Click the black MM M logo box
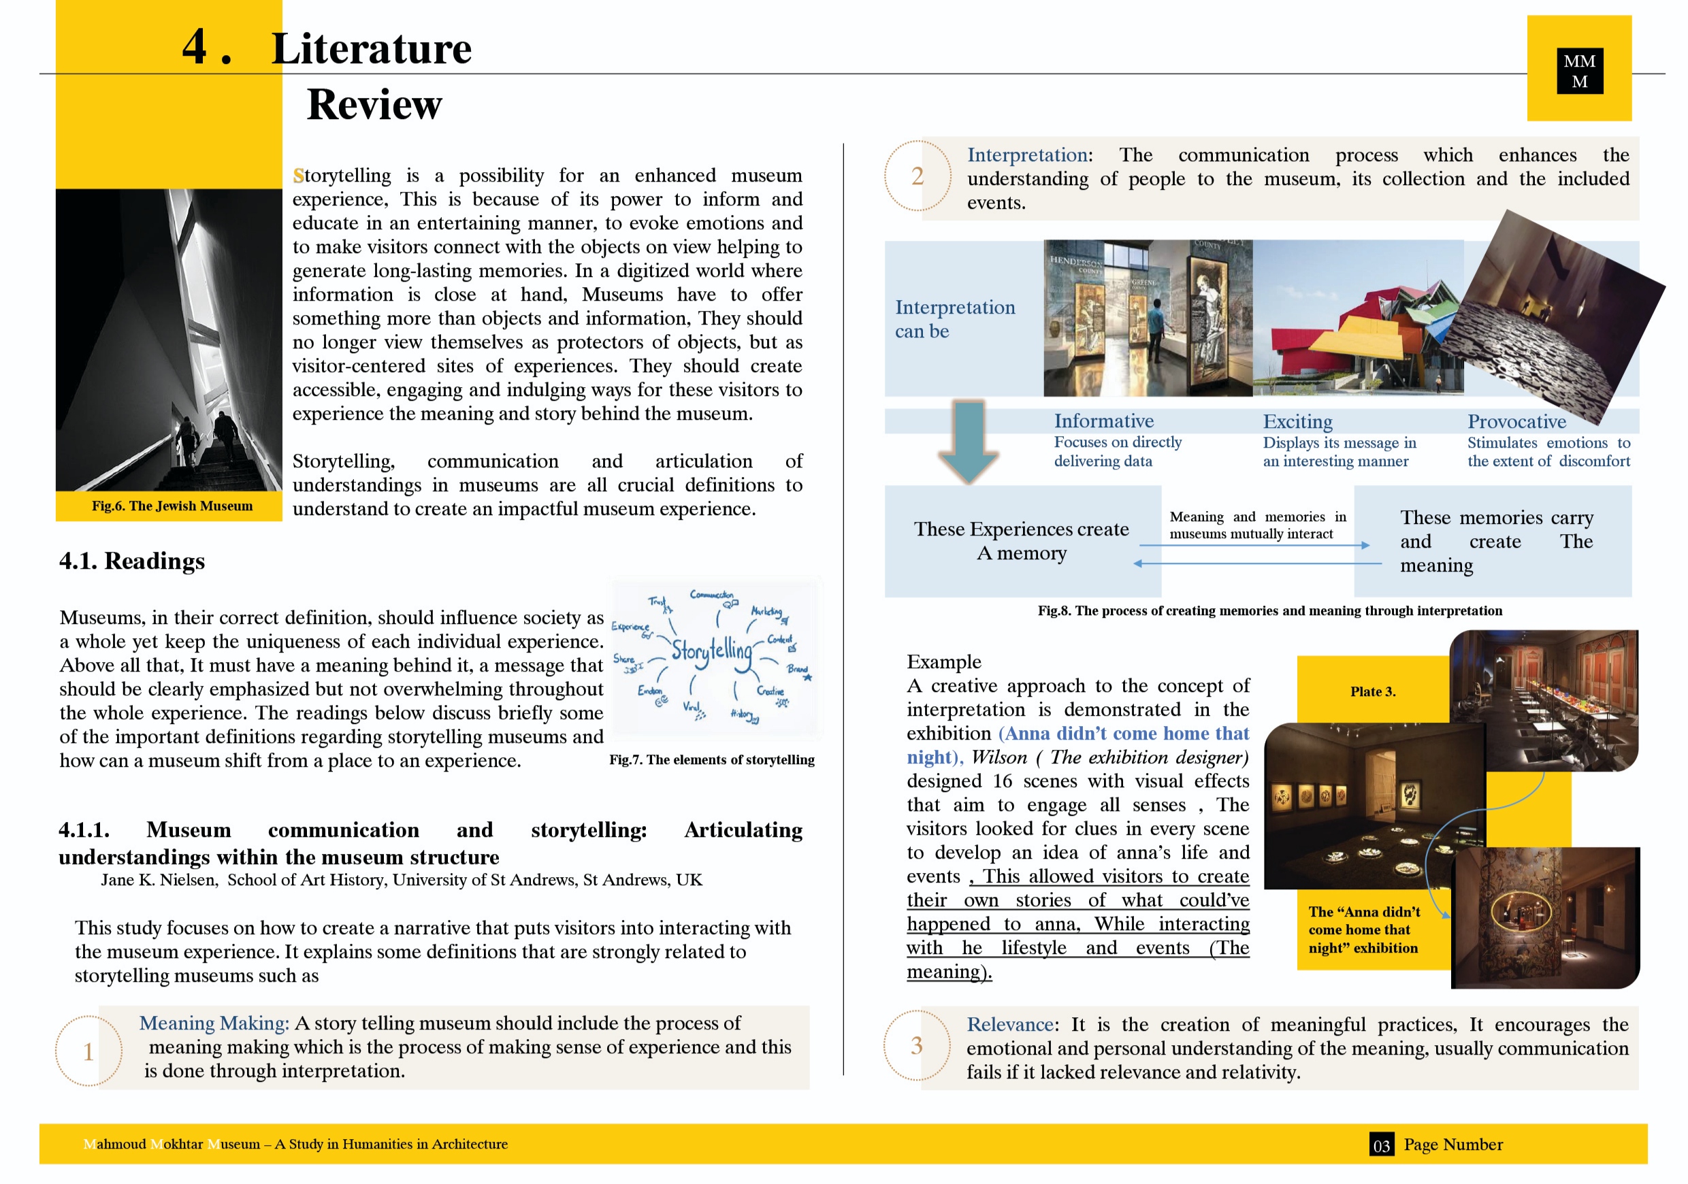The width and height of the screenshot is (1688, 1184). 1579,71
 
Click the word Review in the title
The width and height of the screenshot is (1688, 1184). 374,104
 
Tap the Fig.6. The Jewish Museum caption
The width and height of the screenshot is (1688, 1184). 172,506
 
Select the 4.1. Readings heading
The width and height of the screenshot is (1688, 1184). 132,561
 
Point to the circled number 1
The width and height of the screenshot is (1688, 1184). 88,1051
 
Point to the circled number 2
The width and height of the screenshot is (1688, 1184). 917,176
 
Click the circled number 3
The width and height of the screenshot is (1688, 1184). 916,1045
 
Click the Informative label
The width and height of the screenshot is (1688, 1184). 1103,421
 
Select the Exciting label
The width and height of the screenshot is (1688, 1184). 1297,422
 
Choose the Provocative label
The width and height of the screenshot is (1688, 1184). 1516,422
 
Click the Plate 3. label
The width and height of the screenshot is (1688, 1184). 1373,691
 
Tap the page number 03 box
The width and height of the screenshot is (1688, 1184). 1382,1145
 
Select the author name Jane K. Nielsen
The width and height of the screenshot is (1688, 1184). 159,880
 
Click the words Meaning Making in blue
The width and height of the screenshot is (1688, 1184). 213,1023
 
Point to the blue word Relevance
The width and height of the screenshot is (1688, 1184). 1011,1025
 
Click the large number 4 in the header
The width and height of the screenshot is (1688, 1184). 195,47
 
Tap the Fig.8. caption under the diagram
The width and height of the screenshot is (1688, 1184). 1269,611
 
